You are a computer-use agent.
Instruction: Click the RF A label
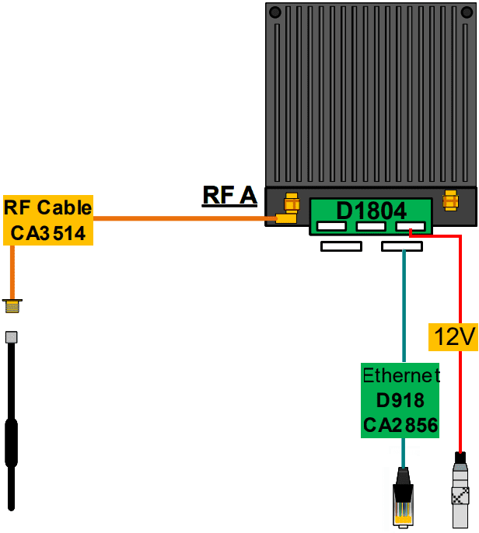click(x=229, y=195)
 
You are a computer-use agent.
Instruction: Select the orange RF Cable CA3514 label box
click(x=48, y=220)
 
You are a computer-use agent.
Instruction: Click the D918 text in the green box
click(x=400, y=401)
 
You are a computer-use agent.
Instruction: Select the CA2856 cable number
click(x=400, y=425)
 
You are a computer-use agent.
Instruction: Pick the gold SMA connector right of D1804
click(x=449, y=200)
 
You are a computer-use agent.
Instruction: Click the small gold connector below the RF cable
click(x=12, y=306)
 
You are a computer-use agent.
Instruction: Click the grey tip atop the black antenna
click(x=12, y=337)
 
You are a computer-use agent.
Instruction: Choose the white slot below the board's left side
click(x=341, y=246)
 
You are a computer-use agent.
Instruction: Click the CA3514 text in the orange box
click(x=48, y=232)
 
